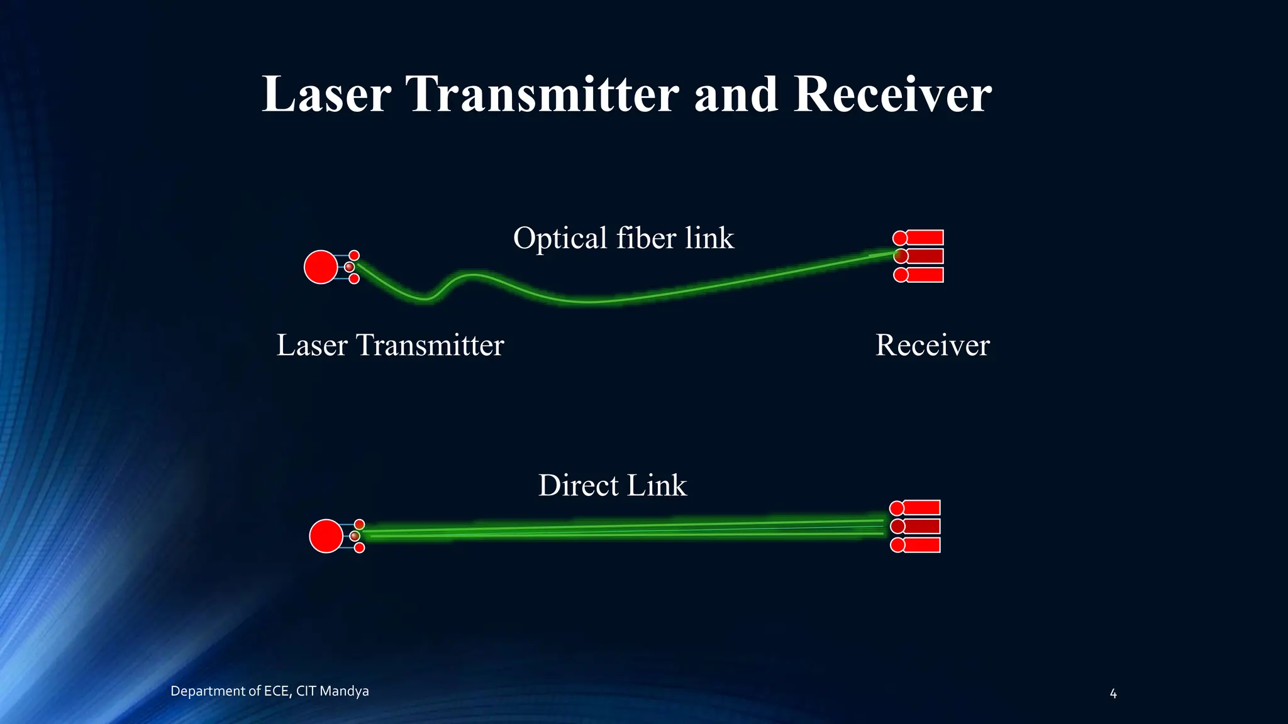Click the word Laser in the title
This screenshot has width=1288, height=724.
pyautogui.click(x=326, y=94)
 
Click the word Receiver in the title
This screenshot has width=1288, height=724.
pyautogui.click(x=892, y=94)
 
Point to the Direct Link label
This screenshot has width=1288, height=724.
pyautogui.click(x=613, y=485)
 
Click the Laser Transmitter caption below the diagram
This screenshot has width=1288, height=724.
pyautogui.click(x=390, y=345)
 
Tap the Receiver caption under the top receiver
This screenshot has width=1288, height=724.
pyautogui.click(x=932, y=345)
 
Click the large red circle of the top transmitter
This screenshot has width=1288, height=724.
pyautogui.click(x=321, y=267)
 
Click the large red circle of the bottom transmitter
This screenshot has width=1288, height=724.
pyautogui.click(x=326, y=536)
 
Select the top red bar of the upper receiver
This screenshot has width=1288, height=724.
pyautogui.click(x=924, y=238)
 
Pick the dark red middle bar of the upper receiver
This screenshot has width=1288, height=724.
pyautogui.click(x=924, y=256)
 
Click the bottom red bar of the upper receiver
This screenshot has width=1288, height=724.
pyautogui.click(x=924, y=275)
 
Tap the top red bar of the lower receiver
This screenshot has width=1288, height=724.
pyautogui.click(x=921, y=508)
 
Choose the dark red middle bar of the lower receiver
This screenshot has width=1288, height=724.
pyautogui.click(x=921, y=526)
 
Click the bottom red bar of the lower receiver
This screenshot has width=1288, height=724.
pyautogui.click(x=921, y=545)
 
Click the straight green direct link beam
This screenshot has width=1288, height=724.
pyautogui.click(x=623, y=529)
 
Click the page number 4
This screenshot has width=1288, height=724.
pyautogui.click(x=1113, y=694)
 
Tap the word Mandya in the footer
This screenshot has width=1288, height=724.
pyautogui.click(x=344, y=691)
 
